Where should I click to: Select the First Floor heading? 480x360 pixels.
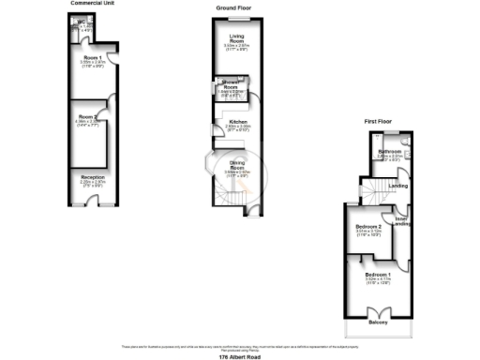click(x=380, y=122)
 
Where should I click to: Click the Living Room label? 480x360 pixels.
click(x=236, y=38)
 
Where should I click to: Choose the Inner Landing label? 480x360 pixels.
click(x=401, y=221)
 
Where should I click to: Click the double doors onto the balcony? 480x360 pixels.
click(x=380, y=311)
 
